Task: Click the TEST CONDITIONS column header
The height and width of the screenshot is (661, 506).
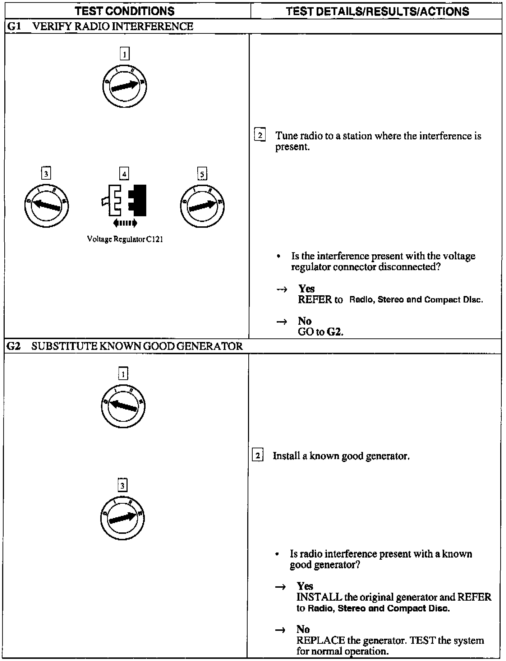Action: click(x=125, y=11)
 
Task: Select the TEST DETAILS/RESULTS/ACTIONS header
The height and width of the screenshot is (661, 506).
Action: click(x=377, y=11)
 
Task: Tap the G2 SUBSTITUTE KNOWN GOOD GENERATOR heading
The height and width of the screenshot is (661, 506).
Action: click(x=125, y=346)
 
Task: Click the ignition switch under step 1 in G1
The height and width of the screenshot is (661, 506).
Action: click(x=124, y=86)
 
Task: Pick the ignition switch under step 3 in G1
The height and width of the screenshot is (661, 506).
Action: click(x=46, y=206)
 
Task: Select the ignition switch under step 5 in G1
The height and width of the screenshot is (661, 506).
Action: click(x=202, y=206)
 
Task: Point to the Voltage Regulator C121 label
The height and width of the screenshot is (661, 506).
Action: click(x=125, y=239)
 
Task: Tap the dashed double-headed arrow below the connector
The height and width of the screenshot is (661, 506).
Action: click(x=125, y=223)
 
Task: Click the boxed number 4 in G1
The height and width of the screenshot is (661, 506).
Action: click(x=124, y=174)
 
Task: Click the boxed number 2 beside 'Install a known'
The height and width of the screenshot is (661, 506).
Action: click(x=258, y=456)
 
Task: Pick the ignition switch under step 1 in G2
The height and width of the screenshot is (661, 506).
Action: click(x=123, y=406)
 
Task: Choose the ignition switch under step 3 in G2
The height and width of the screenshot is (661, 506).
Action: click(x=123, y=518)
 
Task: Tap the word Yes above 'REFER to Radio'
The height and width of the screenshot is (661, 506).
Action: click(x=306, y=288)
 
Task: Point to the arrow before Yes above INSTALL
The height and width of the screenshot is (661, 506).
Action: click(x=280, y=587)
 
